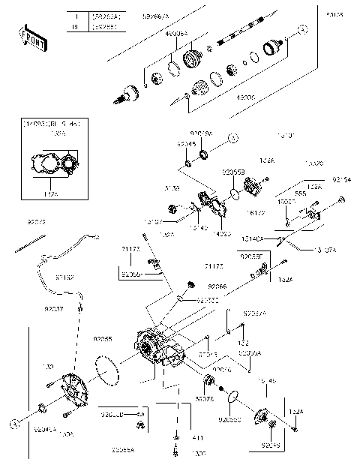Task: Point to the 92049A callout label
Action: [x=200, y=132]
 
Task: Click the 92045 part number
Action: [x=187, y=143]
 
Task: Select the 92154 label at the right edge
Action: [x=342, y=181]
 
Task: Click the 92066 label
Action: [x=217, y=286]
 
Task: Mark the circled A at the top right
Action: [x=302, y=28]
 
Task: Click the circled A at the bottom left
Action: [x=13, y=424]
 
